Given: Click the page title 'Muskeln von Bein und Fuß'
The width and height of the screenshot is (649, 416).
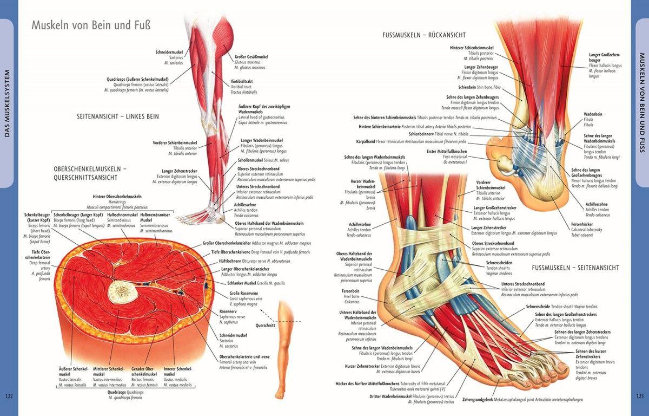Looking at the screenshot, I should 91,25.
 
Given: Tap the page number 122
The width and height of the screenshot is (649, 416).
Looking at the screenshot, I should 9,396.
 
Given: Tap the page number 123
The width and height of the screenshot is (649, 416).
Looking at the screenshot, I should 640,396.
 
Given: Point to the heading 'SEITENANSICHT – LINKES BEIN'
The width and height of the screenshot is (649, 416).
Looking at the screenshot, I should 118,116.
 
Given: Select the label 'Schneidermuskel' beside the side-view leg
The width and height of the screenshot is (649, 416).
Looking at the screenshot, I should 169,52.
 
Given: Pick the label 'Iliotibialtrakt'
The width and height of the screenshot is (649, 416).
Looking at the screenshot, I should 246,81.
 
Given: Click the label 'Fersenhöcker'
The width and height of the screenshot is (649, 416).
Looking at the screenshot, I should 582,224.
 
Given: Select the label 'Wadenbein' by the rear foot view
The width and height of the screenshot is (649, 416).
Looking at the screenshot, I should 593,114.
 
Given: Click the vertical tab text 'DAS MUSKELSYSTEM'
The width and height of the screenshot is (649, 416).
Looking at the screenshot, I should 8,103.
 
